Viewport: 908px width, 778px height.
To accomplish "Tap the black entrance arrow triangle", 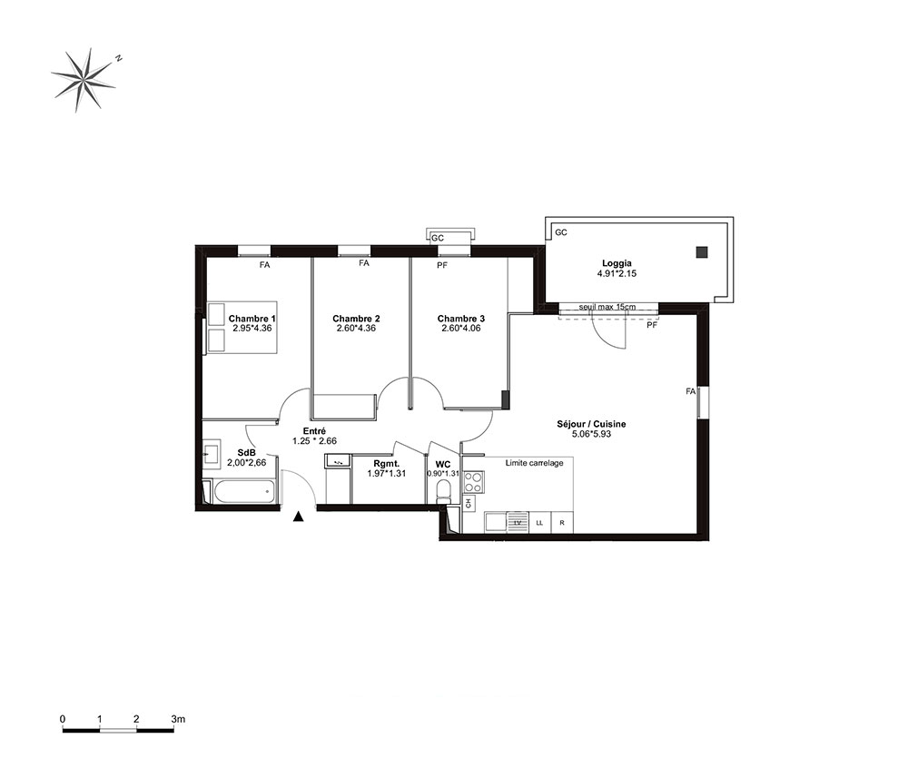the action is (298, 517).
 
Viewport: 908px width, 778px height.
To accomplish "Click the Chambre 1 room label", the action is (252, 319).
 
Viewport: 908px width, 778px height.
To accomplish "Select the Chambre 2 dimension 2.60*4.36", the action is (356, 329).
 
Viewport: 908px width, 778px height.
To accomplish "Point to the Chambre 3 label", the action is (461, 319).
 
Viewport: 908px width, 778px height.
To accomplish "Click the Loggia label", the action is (617, 263).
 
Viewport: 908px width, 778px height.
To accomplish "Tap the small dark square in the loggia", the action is (702, 251).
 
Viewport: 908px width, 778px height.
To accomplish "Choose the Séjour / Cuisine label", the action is (591, 424).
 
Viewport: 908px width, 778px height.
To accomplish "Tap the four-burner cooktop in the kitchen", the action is (473, 482).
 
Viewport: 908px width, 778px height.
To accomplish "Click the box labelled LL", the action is (539, 523).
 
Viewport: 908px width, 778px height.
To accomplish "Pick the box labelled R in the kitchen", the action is (562, 523).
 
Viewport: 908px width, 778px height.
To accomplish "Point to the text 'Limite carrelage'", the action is (535, 463).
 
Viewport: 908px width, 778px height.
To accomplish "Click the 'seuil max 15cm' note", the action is (607, 307).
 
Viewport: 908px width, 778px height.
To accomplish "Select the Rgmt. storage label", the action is (387, 464).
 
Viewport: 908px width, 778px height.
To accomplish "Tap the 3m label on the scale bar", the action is (178, 719).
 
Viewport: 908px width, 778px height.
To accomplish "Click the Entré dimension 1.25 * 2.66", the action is (314, 441).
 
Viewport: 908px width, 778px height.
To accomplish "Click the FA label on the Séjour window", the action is (690, 391).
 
